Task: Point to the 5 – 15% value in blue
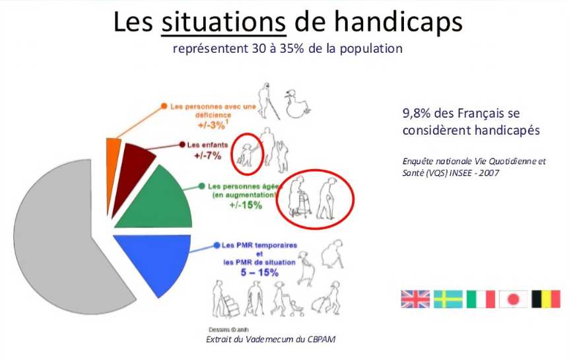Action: (258, 271)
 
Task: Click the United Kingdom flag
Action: (415, 299)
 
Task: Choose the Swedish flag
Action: (448, 299)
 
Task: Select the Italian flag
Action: (480, 299)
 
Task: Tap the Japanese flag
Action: (513, 299)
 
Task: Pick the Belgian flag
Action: (545, 299)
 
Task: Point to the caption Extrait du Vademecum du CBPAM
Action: (274, 339)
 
